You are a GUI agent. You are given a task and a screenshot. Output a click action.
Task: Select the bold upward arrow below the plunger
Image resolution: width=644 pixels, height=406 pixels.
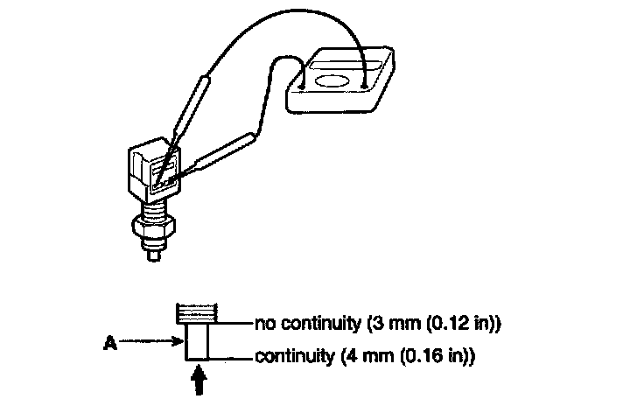click(x=198, y=381)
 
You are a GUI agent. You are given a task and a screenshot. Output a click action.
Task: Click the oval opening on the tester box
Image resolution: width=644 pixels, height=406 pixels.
click(x=331, y=81)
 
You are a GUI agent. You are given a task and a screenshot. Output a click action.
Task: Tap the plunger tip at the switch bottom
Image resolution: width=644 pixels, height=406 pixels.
click(x=155, y=255)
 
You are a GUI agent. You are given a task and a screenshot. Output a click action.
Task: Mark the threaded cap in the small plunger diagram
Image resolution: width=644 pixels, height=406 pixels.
click(x=196, y=311)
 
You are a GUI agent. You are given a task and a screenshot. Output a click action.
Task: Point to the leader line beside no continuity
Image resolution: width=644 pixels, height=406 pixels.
click(x=235, y=324)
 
